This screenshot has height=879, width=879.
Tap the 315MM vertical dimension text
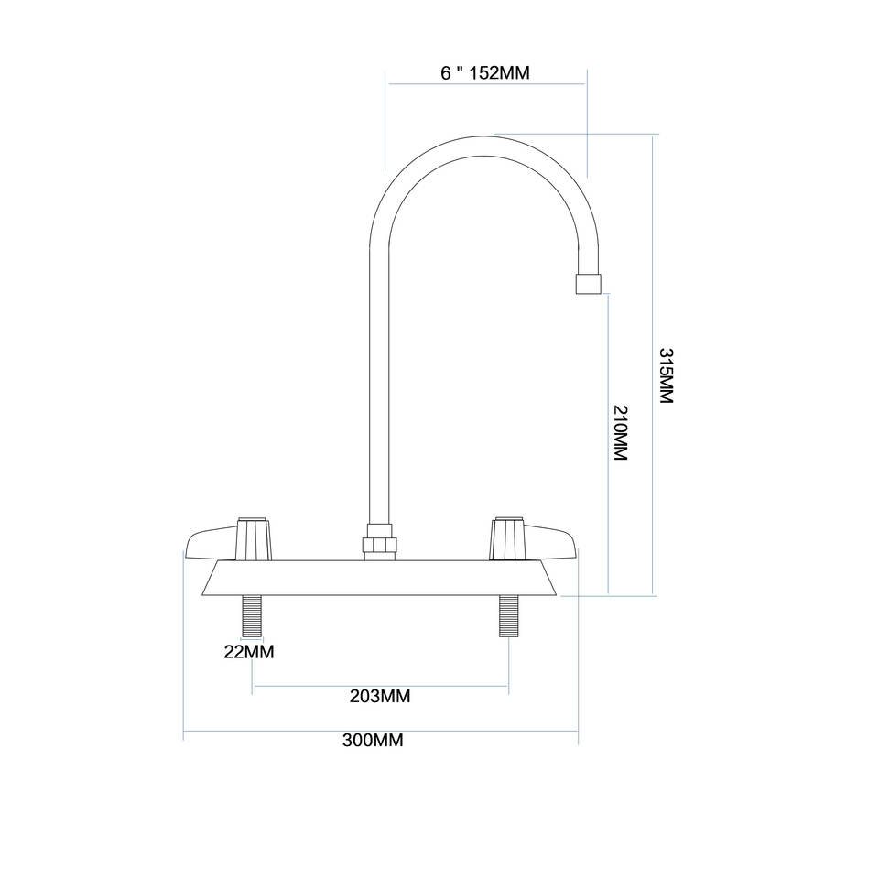pos(666,376)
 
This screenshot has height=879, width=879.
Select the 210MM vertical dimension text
pos(620,432)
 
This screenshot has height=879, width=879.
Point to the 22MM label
pos(249,652)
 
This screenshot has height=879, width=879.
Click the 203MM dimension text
pos(380,697)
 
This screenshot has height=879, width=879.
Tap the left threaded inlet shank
pos(252,615)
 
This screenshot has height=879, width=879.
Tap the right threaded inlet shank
pos(508,615)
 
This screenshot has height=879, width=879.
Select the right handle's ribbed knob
pos(507,538)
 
